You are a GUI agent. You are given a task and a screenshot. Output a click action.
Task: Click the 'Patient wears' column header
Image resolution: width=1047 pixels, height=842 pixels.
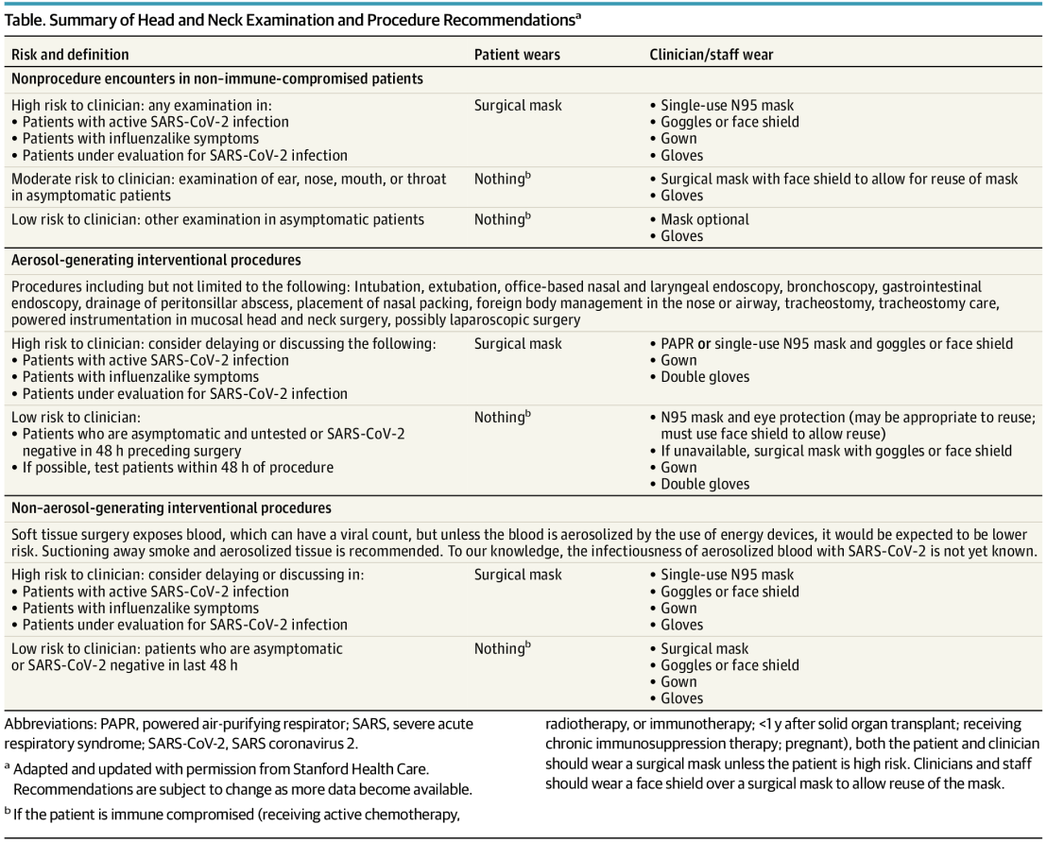click(517, 55)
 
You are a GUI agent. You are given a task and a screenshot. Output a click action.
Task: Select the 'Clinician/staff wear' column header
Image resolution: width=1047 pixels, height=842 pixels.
click(712, 55)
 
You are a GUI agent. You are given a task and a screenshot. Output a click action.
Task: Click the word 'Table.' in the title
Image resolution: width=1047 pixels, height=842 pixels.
click(28, 20)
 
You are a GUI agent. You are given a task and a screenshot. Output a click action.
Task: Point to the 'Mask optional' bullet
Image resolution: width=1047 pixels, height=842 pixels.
click(704, 219)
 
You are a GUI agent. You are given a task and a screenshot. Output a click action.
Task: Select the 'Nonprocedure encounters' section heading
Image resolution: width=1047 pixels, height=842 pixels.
click(217, 78)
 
